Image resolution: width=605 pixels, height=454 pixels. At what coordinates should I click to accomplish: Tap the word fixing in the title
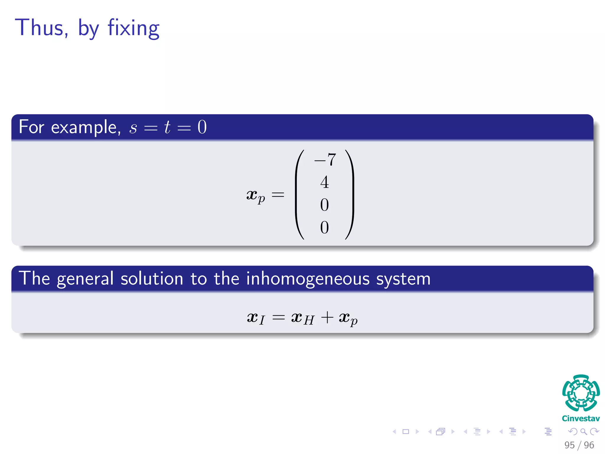134,28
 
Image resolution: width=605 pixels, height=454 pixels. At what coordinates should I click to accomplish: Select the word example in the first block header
86,127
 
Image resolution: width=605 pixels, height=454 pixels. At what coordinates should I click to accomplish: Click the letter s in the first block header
133,128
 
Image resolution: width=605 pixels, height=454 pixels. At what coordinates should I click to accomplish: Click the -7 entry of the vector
325,160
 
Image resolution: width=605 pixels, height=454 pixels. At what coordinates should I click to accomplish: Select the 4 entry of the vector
324,182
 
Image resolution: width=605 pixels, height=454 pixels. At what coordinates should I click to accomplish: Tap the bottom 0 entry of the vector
324,227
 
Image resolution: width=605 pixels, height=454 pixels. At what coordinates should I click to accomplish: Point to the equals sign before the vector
278,195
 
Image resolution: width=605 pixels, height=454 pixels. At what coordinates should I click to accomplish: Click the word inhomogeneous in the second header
308,278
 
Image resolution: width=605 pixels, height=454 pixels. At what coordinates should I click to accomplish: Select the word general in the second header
85,279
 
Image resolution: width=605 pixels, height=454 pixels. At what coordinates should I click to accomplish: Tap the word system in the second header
403,279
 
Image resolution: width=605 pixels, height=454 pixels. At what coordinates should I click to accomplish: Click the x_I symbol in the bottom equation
256,318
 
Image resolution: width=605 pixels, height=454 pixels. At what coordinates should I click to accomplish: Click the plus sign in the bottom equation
327,318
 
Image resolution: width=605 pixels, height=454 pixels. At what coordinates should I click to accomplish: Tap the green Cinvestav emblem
581,393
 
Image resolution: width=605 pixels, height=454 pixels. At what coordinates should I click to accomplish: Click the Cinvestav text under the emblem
581,419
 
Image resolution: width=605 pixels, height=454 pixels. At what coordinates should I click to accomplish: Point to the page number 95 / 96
579,445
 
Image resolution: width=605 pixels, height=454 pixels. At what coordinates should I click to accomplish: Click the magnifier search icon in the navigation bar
583,432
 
